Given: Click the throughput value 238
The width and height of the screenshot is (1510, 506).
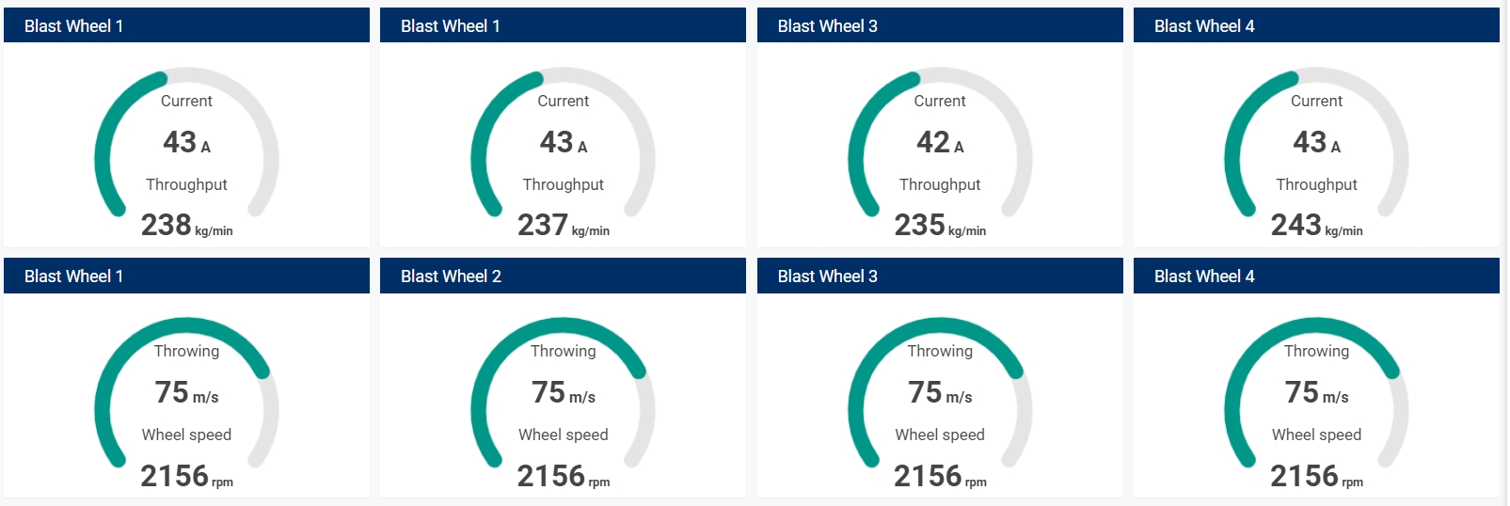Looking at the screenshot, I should coord(167,225).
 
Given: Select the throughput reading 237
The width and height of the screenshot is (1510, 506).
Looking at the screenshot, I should coord(543,225).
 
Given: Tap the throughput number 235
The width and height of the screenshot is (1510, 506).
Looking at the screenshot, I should coord(919,225).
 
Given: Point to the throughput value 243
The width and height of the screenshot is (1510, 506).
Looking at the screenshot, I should coord(1296,225).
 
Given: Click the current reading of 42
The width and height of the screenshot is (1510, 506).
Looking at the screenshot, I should coord(933,142).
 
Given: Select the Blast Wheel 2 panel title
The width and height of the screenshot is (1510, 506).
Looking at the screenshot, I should coord(451,277).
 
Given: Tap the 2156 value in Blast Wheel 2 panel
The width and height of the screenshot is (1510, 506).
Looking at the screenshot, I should coord(551,476).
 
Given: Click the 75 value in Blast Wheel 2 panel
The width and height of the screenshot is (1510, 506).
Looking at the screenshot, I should coord(548,392).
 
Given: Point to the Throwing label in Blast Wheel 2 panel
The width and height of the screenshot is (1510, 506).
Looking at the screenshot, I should coord(563,351).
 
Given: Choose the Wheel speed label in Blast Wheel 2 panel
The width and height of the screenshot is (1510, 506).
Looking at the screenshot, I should coord(563,435).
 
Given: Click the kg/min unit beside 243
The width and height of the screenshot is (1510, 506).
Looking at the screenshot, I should coord(1343,231).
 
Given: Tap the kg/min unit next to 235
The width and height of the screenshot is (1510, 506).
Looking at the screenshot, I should coord(967,231).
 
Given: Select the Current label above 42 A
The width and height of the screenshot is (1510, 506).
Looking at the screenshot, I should coord(940,101).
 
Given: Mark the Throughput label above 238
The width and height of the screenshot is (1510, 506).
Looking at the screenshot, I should coord(186,184).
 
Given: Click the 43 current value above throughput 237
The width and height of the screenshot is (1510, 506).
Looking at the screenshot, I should coord(557,142).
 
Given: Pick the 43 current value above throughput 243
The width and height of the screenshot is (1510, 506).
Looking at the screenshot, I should coord(1310,142).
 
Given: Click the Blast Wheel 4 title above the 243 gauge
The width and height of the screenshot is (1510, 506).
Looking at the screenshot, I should coord(1204,26).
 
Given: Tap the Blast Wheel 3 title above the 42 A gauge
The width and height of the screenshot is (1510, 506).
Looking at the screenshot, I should coord(827,26).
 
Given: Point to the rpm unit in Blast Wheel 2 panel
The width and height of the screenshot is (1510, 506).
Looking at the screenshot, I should coord(599,482).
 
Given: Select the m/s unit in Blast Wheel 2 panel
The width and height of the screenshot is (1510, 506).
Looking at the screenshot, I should coord(582,398).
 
